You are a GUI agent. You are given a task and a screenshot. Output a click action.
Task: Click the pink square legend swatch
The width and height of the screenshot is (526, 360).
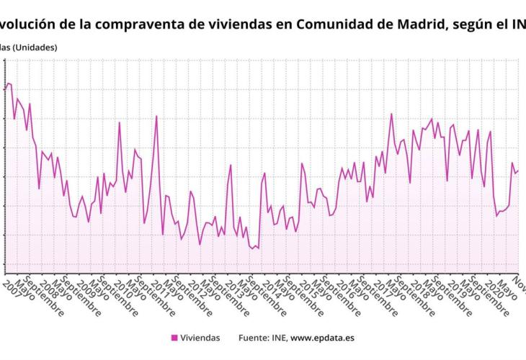pyautogui.click(x=174, y=338)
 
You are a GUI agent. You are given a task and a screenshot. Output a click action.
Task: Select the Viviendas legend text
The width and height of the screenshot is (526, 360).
pyautogui.click(x=200, y=338)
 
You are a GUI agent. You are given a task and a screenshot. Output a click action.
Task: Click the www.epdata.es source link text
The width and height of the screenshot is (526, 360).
pyautogui.click(x=323, y=338)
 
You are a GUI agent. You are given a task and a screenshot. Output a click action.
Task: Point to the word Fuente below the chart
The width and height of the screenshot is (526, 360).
pyautogui.click(x=254, y=338)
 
